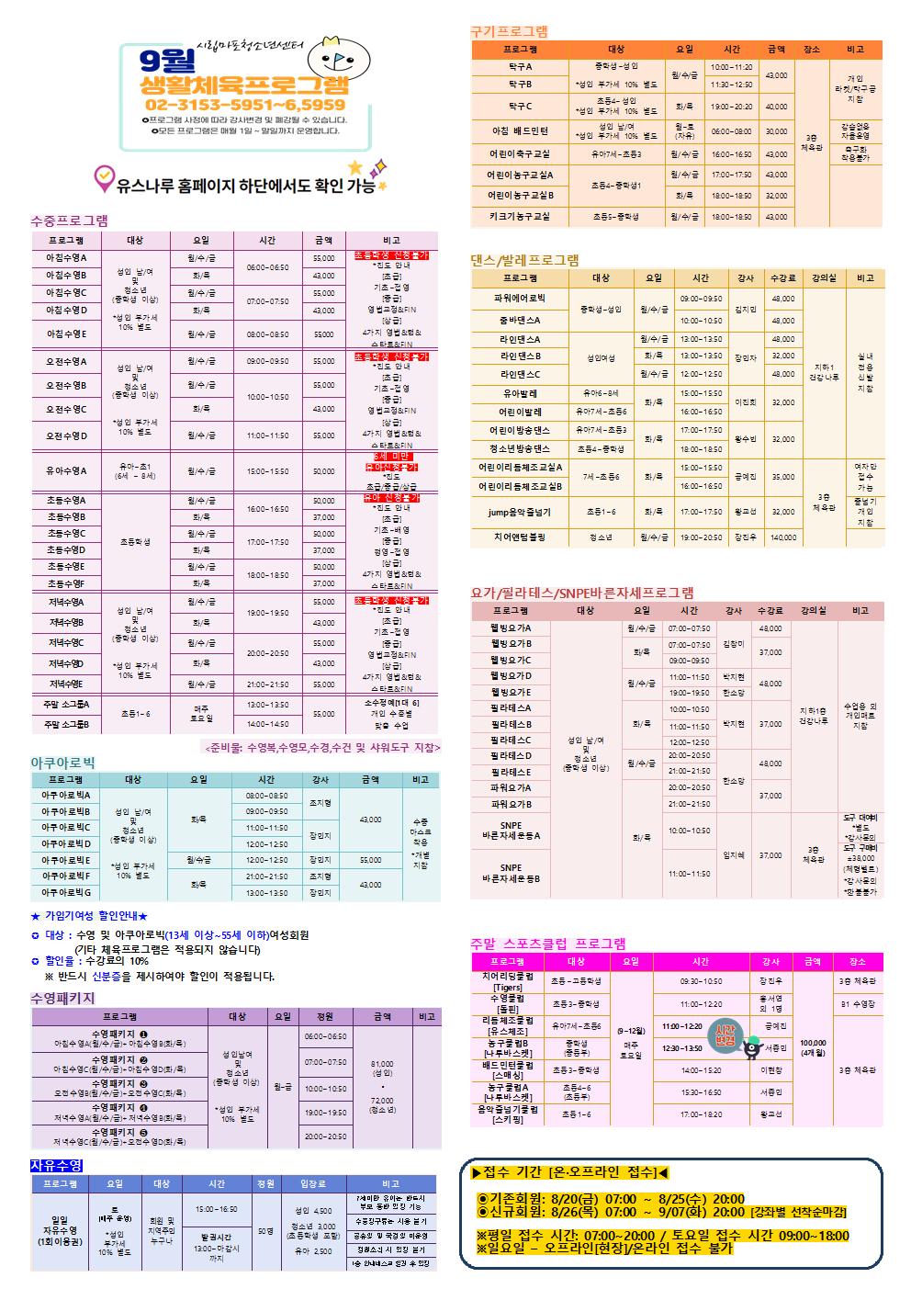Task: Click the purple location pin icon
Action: coord(105,175)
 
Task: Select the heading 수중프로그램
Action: coord(69,220)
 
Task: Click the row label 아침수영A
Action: coord(66,257)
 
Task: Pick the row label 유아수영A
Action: coord(66,470)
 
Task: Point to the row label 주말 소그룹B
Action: coord(66,724)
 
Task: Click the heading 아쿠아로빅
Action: coord(62,762)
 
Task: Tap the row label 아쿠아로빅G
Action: coord(65,892)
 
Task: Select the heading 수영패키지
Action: coord(62,998)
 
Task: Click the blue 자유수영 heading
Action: coord(56,1165)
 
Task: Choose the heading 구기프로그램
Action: coord(509,30)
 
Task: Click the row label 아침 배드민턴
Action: coord(520,131)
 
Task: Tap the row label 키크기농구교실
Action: coord(519,217)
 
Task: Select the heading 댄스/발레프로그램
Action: coord(524,260)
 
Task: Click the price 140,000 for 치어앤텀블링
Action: coord(783,537)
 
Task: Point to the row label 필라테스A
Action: coord(511,708)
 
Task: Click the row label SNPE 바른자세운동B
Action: coord(511,873)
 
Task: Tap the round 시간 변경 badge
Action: coord(724,1036)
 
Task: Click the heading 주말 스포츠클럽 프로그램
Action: coord(548,943)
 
